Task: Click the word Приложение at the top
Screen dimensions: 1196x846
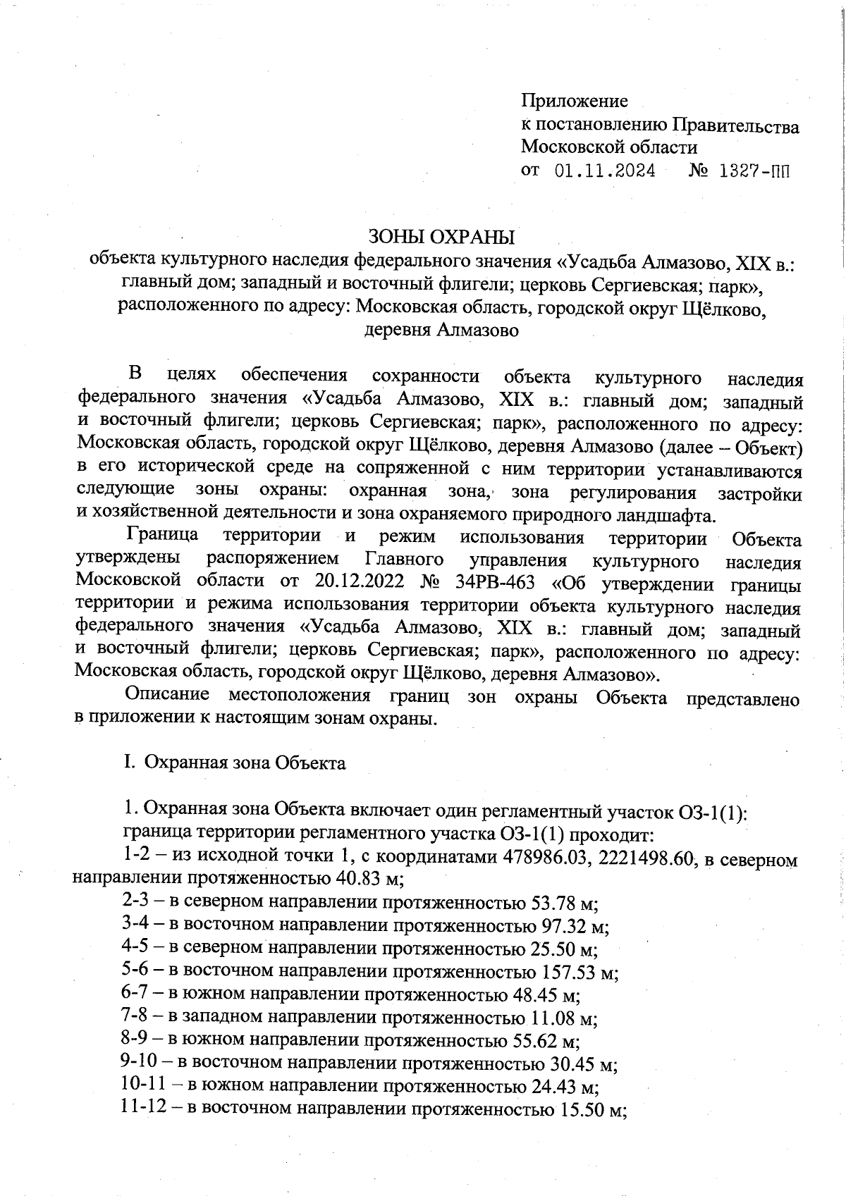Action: click(574, 101)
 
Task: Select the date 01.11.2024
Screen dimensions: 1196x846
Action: click(605, 171)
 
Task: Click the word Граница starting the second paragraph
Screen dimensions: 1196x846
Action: click(162, 537)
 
